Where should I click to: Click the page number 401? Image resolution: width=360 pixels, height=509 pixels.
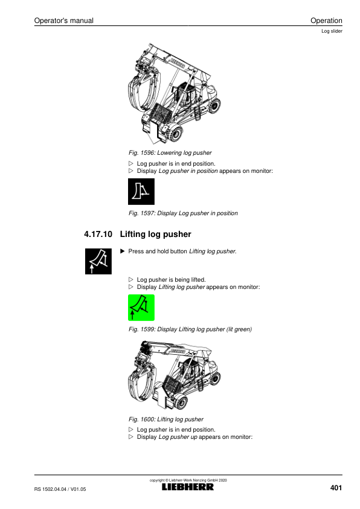336,488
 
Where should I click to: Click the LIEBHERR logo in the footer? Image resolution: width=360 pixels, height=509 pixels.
188,487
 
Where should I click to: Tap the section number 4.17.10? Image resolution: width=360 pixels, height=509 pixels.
98,234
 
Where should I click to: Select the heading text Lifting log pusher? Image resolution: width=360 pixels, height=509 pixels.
155,235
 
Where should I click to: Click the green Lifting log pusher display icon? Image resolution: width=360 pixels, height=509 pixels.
141,308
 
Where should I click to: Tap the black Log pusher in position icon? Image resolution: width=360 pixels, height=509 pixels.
141,192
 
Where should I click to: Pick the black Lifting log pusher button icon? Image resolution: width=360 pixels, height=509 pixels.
98,261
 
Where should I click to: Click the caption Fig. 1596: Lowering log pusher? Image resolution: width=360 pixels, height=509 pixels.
170,153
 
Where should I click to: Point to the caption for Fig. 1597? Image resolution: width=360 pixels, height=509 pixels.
183,213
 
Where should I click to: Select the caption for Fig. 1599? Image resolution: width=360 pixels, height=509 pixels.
190,329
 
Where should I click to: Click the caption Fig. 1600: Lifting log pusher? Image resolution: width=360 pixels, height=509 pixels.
166,420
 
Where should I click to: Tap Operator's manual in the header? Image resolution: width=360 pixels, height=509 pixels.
64,21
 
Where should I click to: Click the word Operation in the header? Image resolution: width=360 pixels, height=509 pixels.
326,21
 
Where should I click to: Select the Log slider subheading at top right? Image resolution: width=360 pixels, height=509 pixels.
332,31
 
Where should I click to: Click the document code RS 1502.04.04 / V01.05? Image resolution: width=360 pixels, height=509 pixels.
60,489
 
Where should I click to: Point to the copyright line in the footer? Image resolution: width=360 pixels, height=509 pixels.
188,480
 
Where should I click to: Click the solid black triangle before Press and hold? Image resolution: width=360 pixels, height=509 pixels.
122,251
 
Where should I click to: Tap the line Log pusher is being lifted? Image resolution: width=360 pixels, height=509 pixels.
171,280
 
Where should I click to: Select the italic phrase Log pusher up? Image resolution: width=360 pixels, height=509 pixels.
178,437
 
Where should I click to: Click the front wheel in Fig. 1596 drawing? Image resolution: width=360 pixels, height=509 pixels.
175,134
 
